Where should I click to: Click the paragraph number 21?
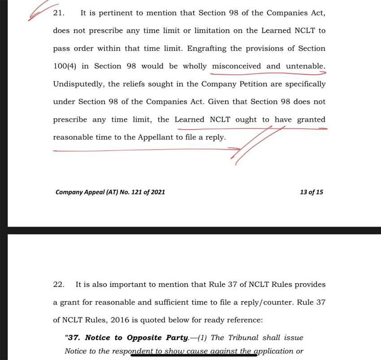[58, 13]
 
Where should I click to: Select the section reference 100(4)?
[64, 66]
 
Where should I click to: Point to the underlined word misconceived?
[236, 66]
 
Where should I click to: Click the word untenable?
[306, 66]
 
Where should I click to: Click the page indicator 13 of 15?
[311, 192]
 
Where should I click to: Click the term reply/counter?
[267, 302]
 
